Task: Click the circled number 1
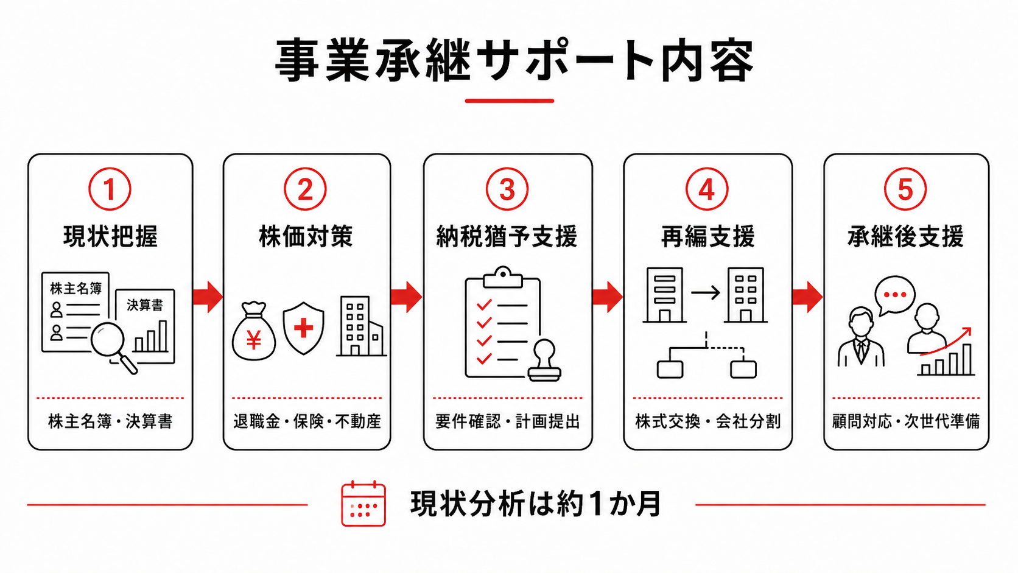(x=110, y=189)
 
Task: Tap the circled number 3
(x=507, y=189)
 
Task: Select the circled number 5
(x=905, y=189)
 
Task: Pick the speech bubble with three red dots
(x=894, y=295)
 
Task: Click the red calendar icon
(x=363, y=504)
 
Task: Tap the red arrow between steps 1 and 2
(x=208, y=297)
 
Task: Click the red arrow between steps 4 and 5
(x=807, y=297)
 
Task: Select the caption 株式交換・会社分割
(x=707, y=421)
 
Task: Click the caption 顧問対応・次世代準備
(x=906, y=421)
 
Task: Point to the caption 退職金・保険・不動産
(x=307, y=421)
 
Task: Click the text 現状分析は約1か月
(x=535, y=504)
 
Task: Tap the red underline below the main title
(x=509, y=100)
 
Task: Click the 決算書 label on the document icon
(x=145, y=304)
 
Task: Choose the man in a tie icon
(x=861, y=337)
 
